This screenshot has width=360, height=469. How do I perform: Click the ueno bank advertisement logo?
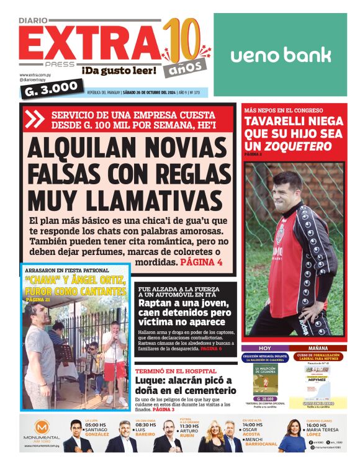coord(281,55)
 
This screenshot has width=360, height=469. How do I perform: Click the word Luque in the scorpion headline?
coord(155,380)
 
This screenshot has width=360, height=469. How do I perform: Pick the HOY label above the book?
coord(265,348)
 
